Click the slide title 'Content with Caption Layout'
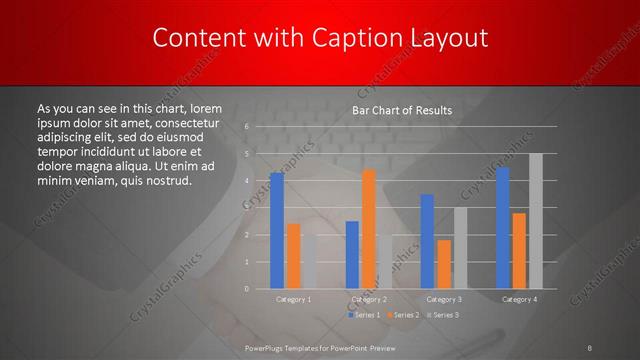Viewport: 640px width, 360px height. click(319, 38)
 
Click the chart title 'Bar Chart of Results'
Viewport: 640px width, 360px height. click(401, 110)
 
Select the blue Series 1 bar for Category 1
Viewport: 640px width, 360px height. click(277, 231)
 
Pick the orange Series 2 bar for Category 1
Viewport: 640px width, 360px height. click(293, 256)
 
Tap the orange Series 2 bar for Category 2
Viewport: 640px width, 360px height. click(368, 229)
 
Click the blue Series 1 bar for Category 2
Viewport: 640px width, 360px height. click(352, 255)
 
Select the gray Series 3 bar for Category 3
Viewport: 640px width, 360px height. click(459, 248)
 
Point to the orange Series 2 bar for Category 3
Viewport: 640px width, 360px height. click(444, 264)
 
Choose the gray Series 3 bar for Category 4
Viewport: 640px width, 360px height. click(535, 221)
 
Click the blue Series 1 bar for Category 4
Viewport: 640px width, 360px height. click(503, 228)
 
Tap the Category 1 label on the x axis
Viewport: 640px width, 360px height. click(293, 299)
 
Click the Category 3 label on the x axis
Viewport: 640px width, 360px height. click(444, 299)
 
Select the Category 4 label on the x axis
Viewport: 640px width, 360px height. click(519, 299)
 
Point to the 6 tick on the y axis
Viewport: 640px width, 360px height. click(246, 127)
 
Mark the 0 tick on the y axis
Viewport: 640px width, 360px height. click(246, 289)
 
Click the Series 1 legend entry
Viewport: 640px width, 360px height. click(364, 315)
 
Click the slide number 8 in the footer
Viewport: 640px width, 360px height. click(590, 347)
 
